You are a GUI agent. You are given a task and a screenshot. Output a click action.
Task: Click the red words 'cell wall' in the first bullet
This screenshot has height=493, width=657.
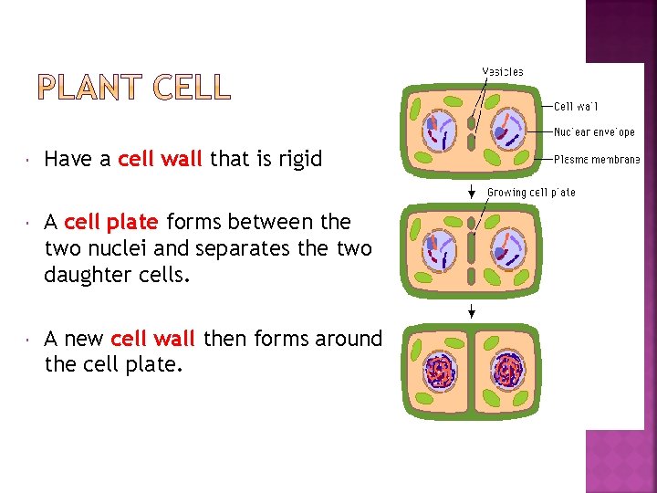(160, 159)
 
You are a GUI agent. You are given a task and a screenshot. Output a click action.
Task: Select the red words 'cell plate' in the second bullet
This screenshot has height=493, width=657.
(111, 222)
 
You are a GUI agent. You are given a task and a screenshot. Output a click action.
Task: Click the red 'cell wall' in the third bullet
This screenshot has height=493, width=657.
(152, 339)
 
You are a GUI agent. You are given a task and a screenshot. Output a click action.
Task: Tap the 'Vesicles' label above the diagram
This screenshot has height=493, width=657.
(503, 71)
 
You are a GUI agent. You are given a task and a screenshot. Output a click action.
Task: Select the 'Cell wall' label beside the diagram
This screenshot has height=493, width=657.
(576, 106)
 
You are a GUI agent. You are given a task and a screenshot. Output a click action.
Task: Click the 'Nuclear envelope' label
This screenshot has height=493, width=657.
(594, 132)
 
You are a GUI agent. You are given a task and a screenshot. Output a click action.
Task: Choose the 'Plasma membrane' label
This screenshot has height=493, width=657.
(597, 159)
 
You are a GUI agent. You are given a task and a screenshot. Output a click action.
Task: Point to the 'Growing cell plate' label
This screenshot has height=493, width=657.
(531, 193)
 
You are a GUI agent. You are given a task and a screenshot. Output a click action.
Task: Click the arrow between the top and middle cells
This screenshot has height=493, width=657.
(471, 191)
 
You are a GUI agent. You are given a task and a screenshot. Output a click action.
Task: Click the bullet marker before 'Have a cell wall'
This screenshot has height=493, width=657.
(29, 160)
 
